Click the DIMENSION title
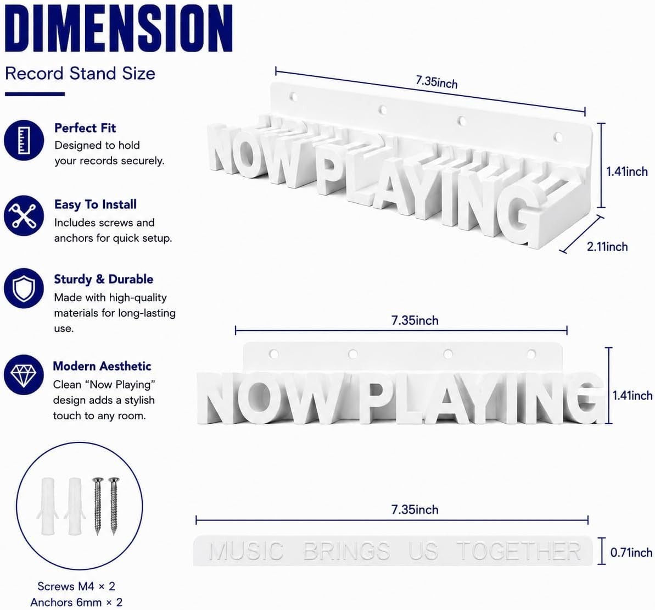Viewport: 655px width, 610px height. point(119,29)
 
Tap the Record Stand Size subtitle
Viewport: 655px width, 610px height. point(80,74)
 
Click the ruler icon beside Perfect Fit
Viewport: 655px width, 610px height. point(24,140)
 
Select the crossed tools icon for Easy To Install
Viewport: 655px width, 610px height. point(24,215)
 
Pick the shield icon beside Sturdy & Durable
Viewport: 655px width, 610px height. point(24,288)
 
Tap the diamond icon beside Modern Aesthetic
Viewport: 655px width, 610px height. point(24,375)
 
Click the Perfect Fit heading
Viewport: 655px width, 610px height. point(85,128)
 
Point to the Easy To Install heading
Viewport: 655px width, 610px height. point(95,204)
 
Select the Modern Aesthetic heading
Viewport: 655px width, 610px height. point(102,366)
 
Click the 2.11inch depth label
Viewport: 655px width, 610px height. point(607,247)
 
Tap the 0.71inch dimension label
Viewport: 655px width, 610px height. point(631,553)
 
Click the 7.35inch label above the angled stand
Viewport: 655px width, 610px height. point(436,81)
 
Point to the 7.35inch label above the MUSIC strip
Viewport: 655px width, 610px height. point(415,509)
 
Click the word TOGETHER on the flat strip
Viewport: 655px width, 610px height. point(519,551)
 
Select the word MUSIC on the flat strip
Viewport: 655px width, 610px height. point(246,551)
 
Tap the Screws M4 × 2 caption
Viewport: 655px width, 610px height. point(76,586)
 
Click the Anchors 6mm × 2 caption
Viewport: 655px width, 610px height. point(76,602)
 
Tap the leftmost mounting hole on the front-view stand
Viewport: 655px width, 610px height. point(273,354)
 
